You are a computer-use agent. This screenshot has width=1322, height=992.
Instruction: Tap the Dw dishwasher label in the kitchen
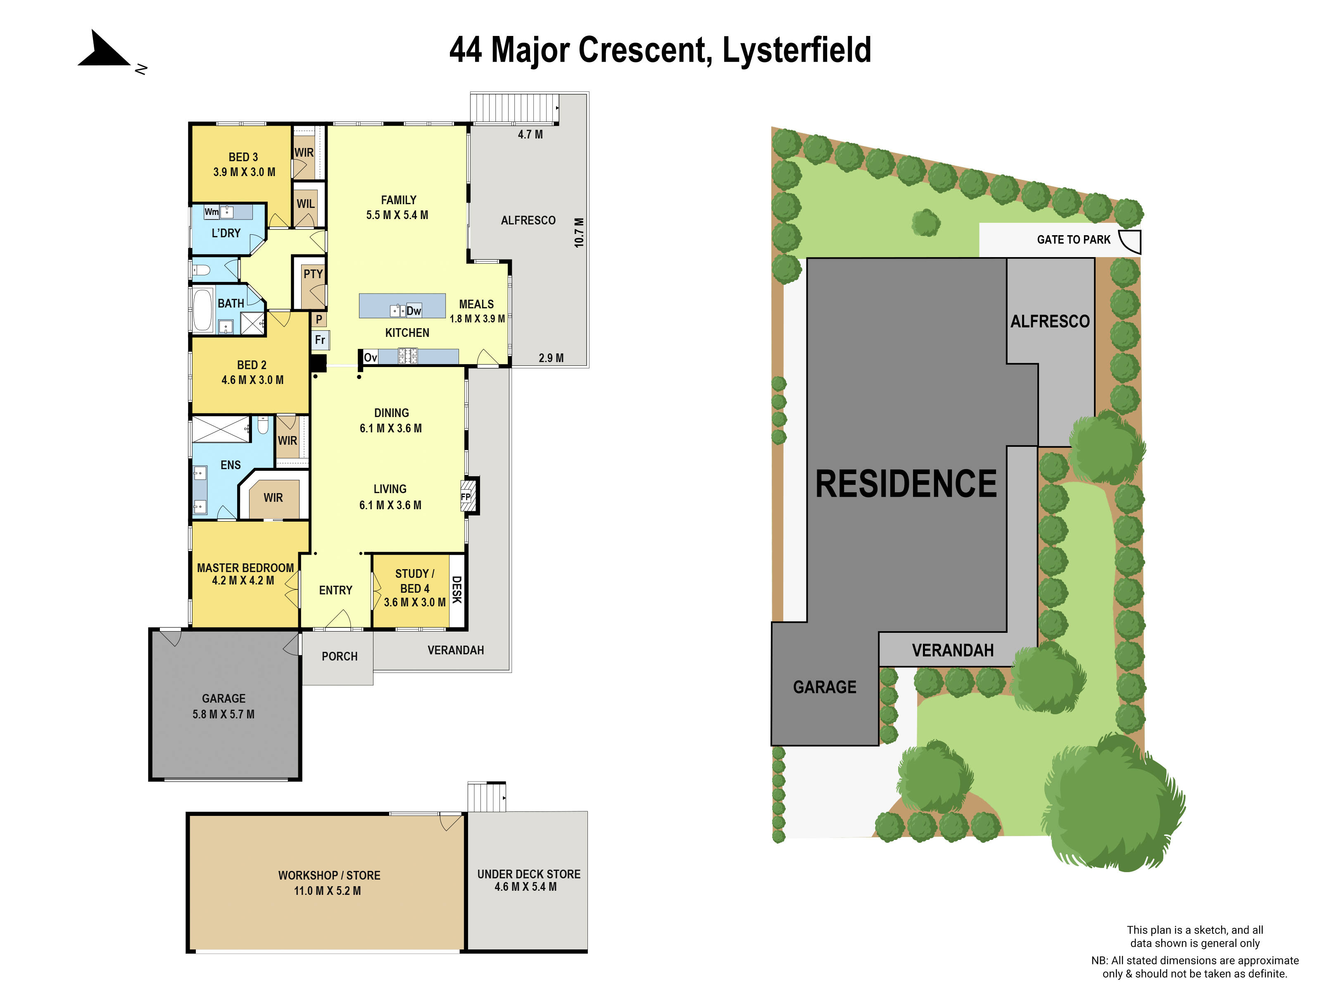pos(414,310)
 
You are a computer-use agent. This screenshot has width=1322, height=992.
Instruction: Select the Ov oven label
pos(370,358)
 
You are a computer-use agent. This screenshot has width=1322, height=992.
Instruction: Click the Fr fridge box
pos(320,340)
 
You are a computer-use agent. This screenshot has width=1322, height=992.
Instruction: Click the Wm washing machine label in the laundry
pos(211,212)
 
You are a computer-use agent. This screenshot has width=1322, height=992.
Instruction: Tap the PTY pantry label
pos(313,274)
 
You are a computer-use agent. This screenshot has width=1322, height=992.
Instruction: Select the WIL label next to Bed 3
pos(305,204)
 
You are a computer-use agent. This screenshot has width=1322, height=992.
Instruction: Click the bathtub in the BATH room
pos(202,310)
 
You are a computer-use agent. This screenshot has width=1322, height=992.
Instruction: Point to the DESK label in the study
pos(457,589)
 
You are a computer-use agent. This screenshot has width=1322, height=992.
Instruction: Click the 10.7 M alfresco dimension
pos(578,233)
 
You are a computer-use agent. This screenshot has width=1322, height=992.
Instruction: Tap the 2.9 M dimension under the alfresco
pos(550,358)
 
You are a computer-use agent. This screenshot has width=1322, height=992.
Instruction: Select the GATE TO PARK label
pos(1073,240)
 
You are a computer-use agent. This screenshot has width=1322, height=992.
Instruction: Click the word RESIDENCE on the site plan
pos(906,484)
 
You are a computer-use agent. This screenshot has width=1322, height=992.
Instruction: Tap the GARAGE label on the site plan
pos(824,687)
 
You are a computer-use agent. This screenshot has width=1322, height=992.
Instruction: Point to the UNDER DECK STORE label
pos(528,874)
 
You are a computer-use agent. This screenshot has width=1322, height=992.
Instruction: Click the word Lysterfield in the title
pos(796,50)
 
